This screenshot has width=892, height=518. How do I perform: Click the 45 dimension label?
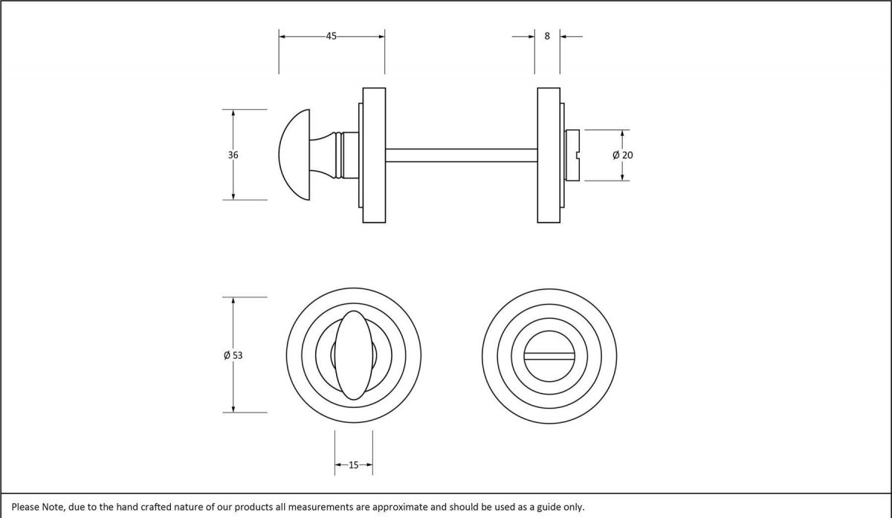click(x=331, y=36)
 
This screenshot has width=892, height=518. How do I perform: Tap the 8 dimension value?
click(x=547, y=36)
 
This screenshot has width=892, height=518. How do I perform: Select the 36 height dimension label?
click(x=233, y=155)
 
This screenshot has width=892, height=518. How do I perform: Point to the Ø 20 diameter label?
click(x=623, y=155)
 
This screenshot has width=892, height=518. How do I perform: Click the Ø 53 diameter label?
click(x=233, y=355)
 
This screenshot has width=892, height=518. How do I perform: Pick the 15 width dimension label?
click(x=353, y=465)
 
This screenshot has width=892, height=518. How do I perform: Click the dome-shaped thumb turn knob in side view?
click(x=296, y=155)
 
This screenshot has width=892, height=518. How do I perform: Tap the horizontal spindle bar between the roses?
click(x=461, y=155)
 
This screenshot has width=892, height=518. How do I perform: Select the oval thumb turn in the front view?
click(x=353, y=355)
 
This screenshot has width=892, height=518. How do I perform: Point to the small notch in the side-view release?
click(x=578, y=155)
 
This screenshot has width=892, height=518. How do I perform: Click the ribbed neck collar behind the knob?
click(x=340, y=155)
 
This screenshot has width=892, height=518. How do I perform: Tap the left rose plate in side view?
click(x=374, y=155)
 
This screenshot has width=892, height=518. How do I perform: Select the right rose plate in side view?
click(x=548, y=155)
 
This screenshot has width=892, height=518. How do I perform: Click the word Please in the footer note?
click(x=25, y=507)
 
